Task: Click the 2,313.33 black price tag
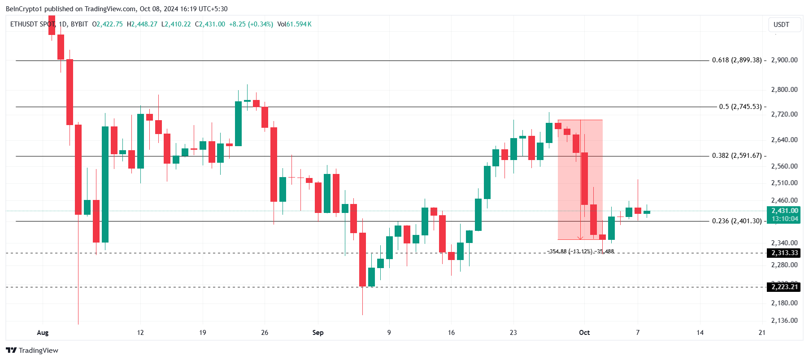point(784,253)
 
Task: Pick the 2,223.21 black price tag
point(784,287)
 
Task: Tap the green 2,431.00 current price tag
point(784,211)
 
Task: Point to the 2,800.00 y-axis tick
point(784,90)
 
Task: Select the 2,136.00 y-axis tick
point(784,321)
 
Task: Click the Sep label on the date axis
point(318,333)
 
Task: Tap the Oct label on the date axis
point(584,333)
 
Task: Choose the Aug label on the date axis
point(43,333)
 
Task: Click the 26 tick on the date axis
point(265,333)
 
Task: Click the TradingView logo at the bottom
point(32,351)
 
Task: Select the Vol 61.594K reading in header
point(294,24)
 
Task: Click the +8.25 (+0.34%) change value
point(251,24)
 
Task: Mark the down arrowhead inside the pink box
point(580,238)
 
